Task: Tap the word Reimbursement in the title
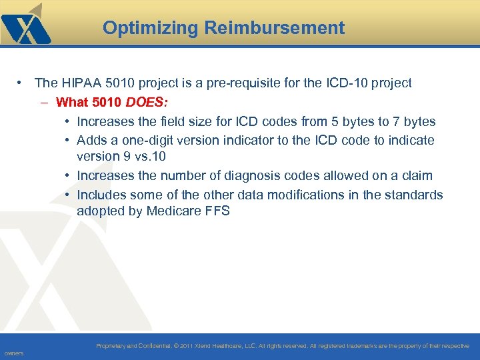tap(274, 28)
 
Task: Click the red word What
tap(71, 103)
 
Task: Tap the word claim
tap(416, 176)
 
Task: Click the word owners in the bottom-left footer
tap(13, 353)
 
